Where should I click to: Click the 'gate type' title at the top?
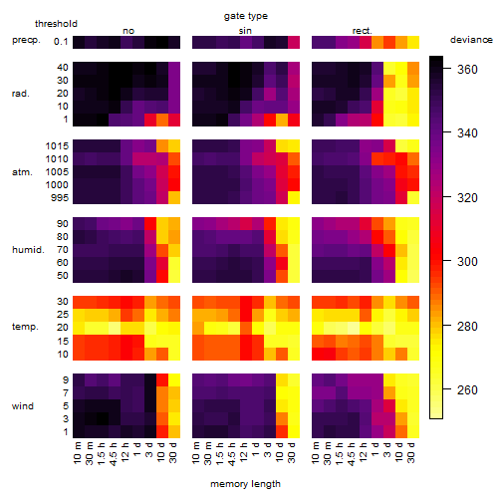tap(246, 16)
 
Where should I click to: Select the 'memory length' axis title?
tap(245, 484)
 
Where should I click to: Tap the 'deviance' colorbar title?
tap(471, 40)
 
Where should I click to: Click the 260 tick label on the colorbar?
tap(467, 389)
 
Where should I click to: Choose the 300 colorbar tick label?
tap(467, 262)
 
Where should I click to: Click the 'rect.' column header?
tap(363, 31)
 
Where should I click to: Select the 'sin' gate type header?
tap(245, 31)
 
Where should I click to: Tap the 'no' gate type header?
tap(128, 31)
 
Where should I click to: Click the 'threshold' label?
tap(56, 24)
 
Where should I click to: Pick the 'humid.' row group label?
tap(28, 250)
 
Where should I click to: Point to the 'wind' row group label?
tap(23, 406)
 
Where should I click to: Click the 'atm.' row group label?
tap(22, 172)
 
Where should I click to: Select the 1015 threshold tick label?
tap(57, 146)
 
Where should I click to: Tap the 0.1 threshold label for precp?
tap(61, 42)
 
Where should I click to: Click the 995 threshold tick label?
tap(60, 198)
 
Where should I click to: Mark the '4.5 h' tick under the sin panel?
tap(232, 453)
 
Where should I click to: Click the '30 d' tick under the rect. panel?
tap(411, 452)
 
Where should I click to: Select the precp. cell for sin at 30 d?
tap(294, 42)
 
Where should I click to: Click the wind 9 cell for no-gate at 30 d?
tap(174, 380)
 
